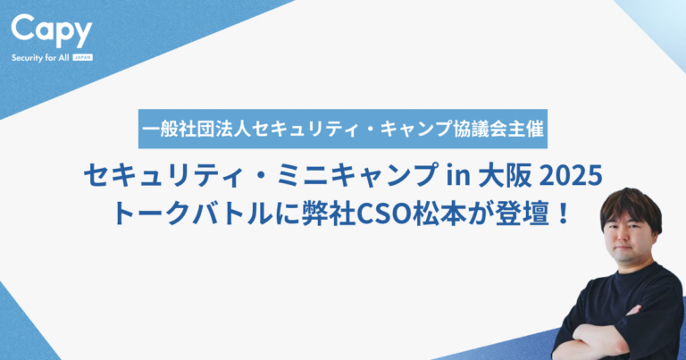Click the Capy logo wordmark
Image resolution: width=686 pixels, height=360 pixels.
(52, 30)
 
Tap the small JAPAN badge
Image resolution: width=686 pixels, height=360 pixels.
(83, 57)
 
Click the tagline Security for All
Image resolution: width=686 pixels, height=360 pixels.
(40, 58)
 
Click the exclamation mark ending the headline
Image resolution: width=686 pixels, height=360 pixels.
(564, 213)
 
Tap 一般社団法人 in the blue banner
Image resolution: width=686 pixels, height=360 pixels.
(197, 129)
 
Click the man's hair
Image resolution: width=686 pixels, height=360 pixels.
(631, 207)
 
